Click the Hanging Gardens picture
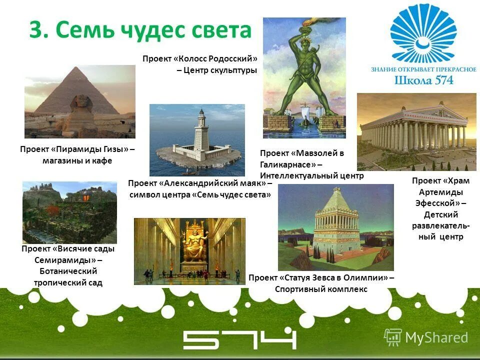[69, 212]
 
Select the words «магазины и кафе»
[77, 160]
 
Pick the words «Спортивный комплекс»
[321, 289]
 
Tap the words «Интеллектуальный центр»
[311, 175]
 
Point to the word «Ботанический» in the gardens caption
[68, 271]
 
